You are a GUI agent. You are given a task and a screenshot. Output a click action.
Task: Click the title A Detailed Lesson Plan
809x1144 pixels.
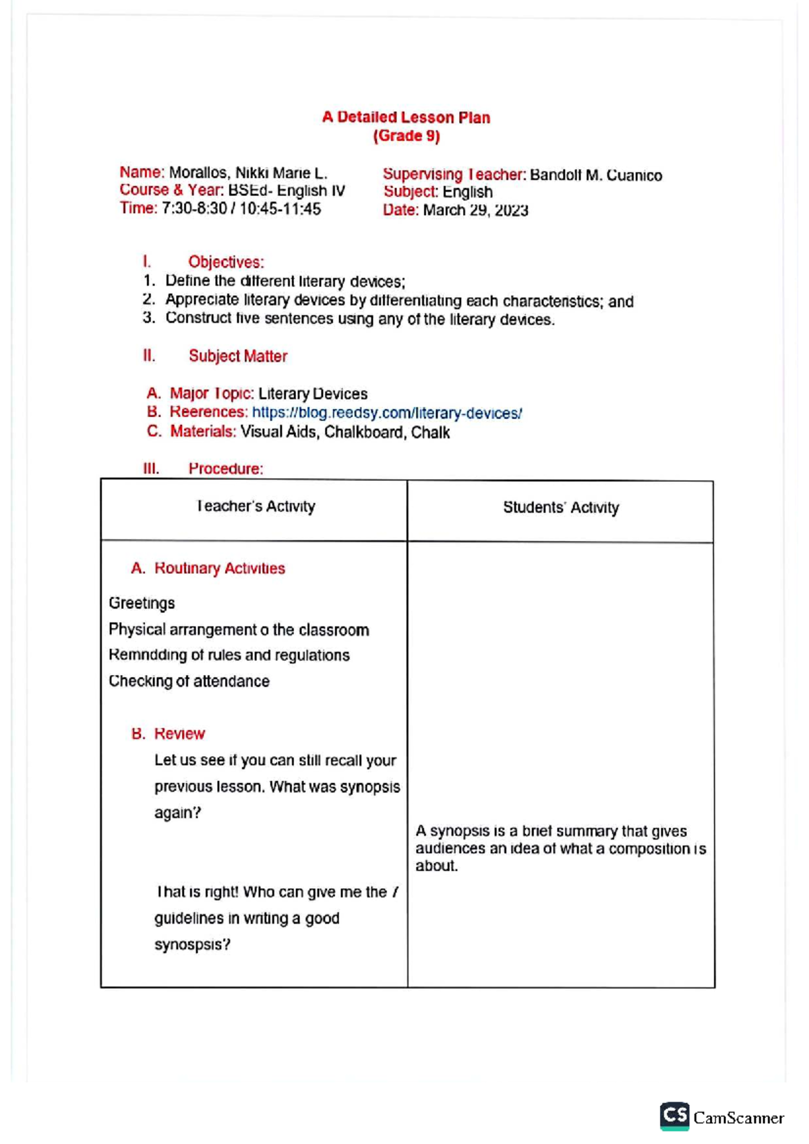click(x=406, y=117)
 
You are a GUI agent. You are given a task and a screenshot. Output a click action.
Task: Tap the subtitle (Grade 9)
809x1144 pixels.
click(x=406, y=136)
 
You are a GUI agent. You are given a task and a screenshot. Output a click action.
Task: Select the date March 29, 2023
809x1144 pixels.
click(x=475, y=210)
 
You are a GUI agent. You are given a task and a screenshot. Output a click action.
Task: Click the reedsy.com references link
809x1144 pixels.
click(x=386, y=413)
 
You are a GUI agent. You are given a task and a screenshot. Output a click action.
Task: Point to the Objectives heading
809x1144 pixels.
click(x=226, y=262)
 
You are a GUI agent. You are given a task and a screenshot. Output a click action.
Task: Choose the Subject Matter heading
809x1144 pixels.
click(x=237, y=356)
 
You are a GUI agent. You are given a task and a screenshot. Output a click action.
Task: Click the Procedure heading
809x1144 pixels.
click(x=225, y=469)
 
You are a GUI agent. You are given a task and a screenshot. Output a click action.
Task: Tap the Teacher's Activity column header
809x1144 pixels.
click(x=256, y=507)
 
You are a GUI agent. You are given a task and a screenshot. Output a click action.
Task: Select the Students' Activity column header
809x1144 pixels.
click(x=560, y=508)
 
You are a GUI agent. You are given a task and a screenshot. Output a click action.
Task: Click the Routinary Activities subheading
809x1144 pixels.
click(x=219, y=569)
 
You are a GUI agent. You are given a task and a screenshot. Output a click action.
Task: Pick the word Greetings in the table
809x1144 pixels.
click(x=142, y=604)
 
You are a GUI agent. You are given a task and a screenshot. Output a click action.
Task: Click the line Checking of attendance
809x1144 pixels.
click(x=189, y=682)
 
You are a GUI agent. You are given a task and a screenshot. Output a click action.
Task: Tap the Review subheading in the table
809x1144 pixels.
click(x=179, y=734)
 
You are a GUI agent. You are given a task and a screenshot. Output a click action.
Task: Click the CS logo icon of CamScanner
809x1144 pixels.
click(x=674, y=1116)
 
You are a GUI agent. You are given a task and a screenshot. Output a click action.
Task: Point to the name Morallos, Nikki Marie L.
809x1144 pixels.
click(x=247, y=173)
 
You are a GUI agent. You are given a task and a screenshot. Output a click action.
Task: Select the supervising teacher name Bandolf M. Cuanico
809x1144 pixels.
click(x=595, y=176)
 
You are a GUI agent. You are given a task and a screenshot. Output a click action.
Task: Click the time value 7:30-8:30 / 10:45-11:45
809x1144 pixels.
click(x=241, y=210)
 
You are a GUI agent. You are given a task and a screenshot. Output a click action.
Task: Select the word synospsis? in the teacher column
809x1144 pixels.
click(x=192, y=945)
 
